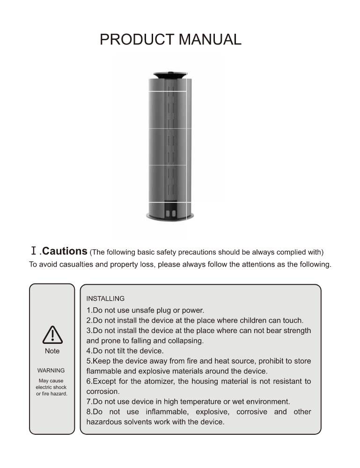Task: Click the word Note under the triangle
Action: (x=52, y=350)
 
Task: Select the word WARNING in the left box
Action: (x=51, y=371)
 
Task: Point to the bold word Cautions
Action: (x=65, y=251)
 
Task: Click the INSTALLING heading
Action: (x=105, y=298)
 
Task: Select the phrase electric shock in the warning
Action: (x=51, y=387)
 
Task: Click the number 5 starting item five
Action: (x=88, y=361)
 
